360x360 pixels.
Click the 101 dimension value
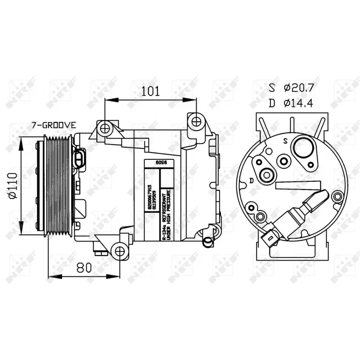(x=150, y=91)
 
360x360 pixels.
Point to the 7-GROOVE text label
(x=54, y=125)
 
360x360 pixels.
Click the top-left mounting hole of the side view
(x=105, y=128)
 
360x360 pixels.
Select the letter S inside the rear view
(x=285, y=141)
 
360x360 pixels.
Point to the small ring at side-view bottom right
(x=207, y=242)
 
